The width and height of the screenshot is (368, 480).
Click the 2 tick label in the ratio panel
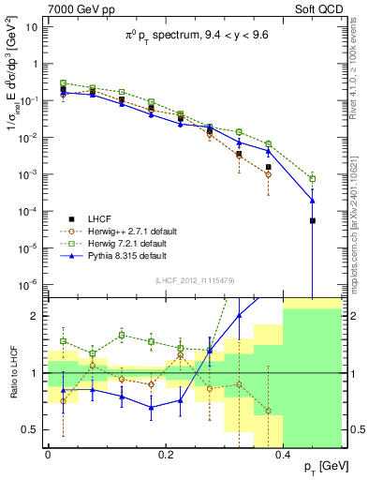pyautogui.click(x=37, y=316)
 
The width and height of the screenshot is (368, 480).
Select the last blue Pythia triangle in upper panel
pyautogui.click(x=313, y=200)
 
